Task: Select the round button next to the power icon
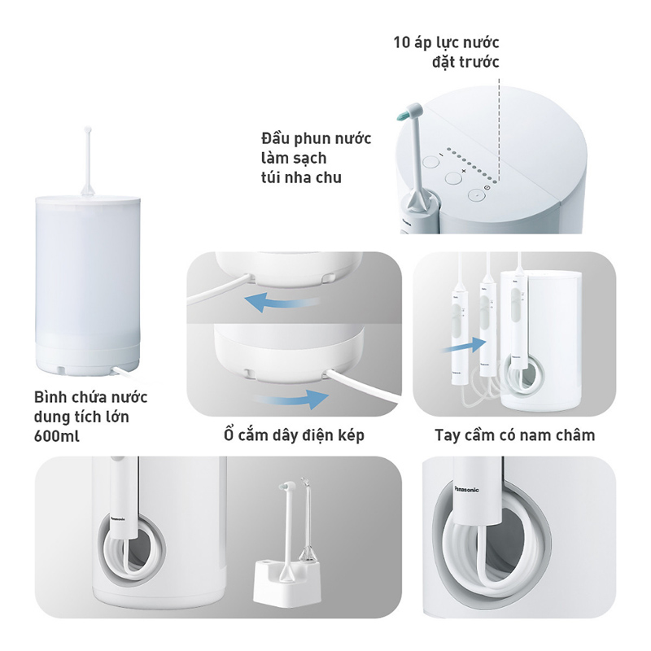click(x=476, y=194)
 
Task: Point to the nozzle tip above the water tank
click(x=85, y=132)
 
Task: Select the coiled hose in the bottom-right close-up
click(x=496, y=570)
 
